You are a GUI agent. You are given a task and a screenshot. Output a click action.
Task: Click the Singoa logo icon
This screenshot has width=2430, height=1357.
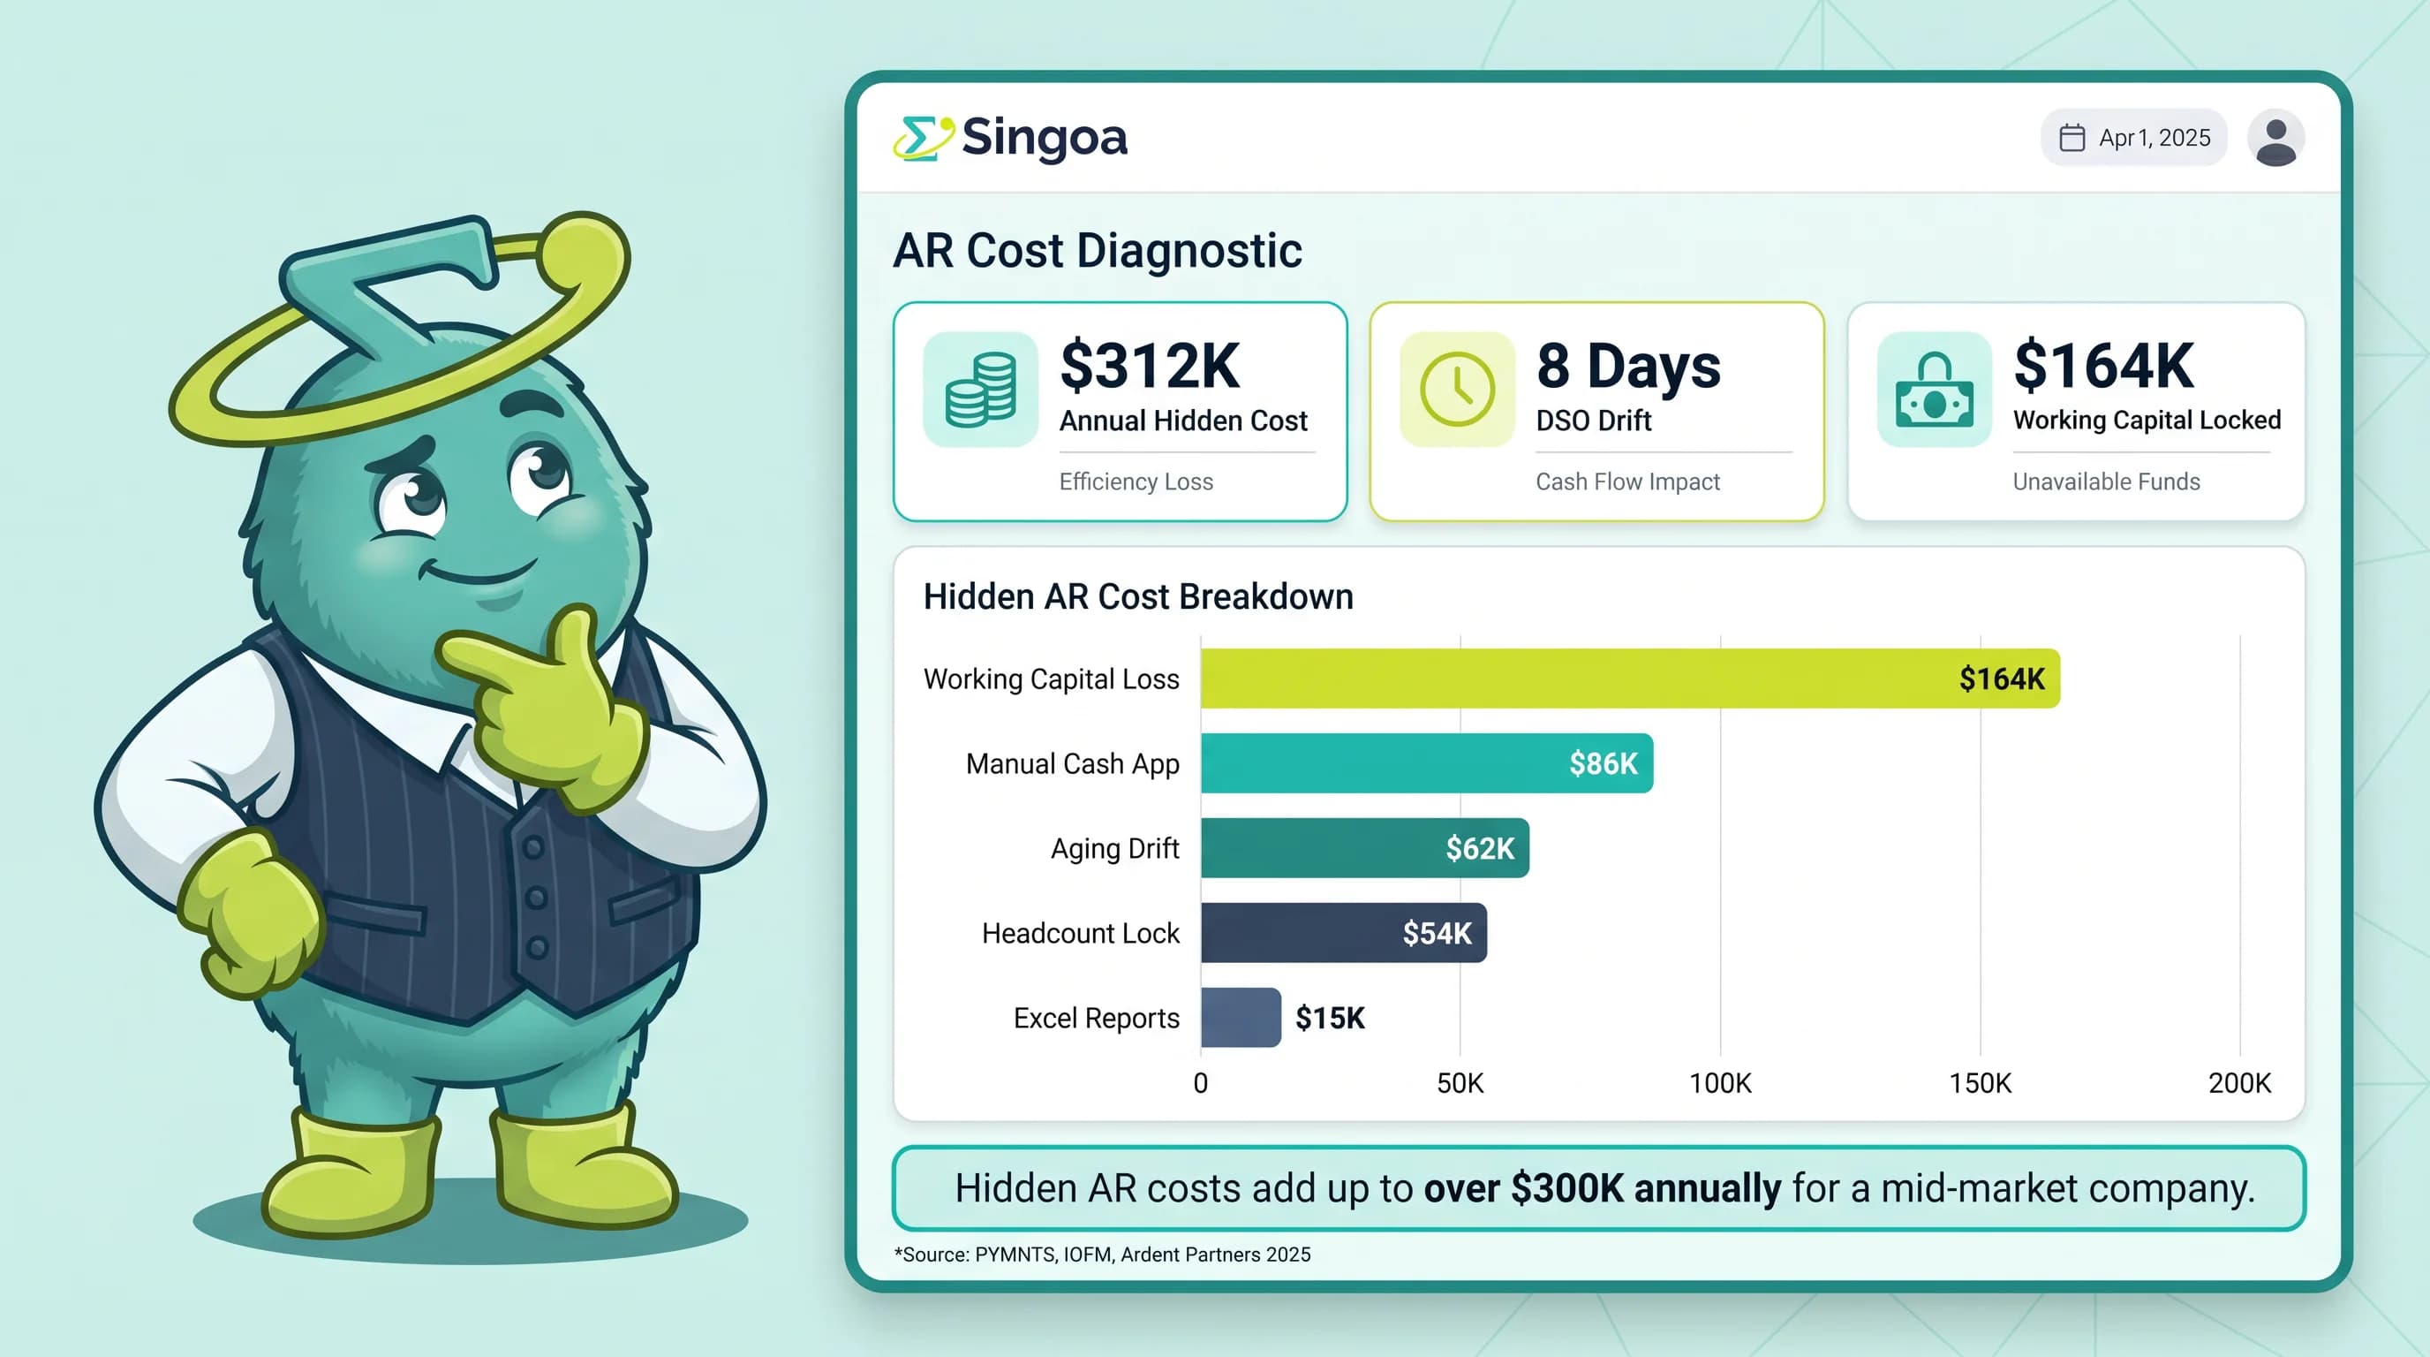(923, 139)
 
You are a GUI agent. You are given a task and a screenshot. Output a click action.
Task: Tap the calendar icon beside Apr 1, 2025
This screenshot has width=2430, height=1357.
(2072, 138)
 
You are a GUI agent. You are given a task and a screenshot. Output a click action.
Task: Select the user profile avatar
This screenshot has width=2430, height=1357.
(2275, 138)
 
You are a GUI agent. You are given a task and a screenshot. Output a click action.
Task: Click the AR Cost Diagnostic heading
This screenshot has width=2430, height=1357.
(1097, 251)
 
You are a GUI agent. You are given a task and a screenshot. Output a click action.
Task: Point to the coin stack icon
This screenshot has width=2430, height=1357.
(980, 389)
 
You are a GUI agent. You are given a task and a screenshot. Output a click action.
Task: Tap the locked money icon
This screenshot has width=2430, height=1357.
(1934, 389)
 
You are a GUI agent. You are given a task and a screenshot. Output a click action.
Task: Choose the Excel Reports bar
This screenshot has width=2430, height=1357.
(1241, 1017)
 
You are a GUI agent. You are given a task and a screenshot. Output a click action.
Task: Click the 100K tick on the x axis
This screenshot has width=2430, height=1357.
(1720, 1083)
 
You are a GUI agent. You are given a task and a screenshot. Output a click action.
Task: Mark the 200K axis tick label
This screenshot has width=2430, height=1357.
(2239, 1083)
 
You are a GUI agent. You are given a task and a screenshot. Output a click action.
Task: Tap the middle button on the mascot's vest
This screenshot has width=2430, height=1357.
(536, 898)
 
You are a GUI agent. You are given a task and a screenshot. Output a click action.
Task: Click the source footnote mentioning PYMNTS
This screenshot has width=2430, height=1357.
(1102, 1255)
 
